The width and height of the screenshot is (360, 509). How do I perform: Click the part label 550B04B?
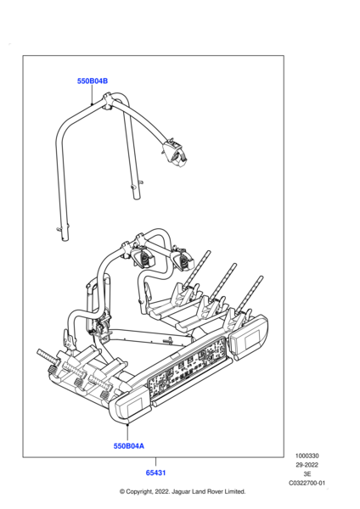click(x=93, y=81)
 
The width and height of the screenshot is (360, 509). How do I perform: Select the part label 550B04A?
click(x=129, y=446)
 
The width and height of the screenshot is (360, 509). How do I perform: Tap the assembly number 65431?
click(x=155, y=473)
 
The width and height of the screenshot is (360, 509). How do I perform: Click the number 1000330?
click(x=307, y=456)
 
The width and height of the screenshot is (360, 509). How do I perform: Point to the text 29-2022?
click(x=307, y=465)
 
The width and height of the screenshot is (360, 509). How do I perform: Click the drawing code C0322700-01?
click(x=307, y=483)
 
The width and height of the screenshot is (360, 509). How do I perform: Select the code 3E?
click(x=307, y=474)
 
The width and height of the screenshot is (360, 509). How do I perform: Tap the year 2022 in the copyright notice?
click(x=161, y=491)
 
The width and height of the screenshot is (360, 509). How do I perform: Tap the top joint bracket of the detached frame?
click(x=108, y=102)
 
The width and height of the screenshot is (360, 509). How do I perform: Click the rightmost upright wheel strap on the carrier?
click(x=250, y=294)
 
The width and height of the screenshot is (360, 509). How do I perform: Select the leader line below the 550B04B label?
click(x=92, y=95)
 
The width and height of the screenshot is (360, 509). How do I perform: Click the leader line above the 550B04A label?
click(x=127, y=432)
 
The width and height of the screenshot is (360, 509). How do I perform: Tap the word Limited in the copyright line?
click(x=234, y=491)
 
